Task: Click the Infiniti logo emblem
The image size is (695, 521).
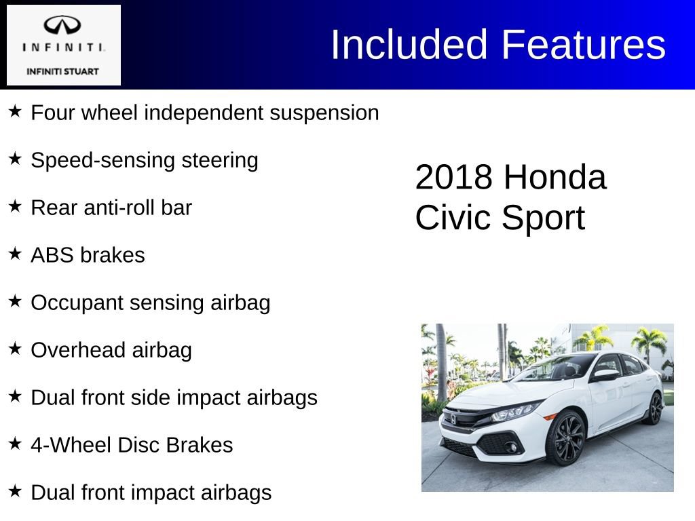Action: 62,26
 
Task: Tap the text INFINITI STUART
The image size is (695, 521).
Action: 62,71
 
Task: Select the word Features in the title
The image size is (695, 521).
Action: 584,45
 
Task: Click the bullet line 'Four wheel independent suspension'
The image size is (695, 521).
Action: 204,113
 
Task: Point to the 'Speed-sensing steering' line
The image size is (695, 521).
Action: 145,160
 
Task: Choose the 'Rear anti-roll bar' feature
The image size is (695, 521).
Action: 111,208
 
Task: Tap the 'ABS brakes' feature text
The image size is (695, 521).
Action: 88,255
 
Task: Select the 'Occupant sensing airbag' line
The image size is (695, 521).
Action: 150,303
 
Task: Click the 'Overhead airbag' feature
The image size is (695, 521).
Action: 111,350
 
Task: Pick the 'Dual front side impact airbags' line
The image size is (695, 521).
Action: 174,398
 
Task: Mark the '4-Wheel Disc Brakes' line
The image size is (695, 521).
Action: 132,445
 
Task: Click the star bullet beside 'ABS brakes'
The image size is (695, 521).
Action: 15,254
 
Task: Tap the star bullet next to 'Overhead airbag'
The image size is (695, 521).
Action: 15,349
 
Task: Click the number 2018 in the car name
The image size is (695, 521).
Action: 453,178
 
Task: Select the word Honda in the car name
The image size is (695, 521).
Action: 555,178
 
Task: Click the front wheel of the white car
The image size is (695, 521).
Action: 565,437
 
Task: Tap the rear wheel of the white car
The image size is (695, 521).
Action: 654,408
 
